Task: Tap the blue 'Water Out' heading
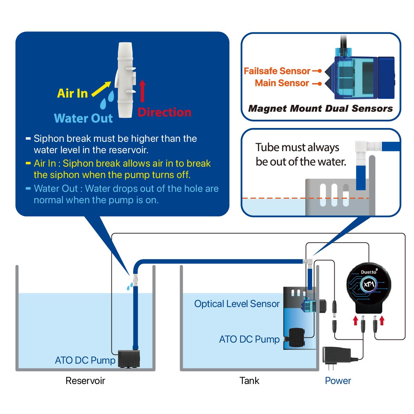(x=83, y=118)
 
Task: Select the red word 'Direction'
(x=164, y=112)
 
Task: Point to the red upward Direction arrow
(x=142, y=90)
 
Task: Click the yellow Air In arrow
(x=101, y=89)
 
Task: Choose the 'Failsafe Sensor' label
(x=277, y=71)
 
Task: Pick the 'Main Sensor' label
(x=282, y=83)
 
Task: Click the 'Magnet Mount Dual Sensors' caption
(x=321, y=108)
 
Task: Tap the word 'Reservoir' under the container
(x=85, y=381)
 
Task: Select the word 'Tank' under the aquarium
(x=249, y=381)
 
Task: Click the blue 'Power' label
(x=338, y=381)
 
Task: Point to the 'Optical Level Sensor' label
(x=237, y=304)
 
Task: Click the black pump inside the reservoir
(x=129, y=358)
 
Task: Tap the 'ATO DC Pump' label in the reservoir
(x=85, y=360)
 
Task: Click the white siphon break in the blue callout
(x=125, y=80)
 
